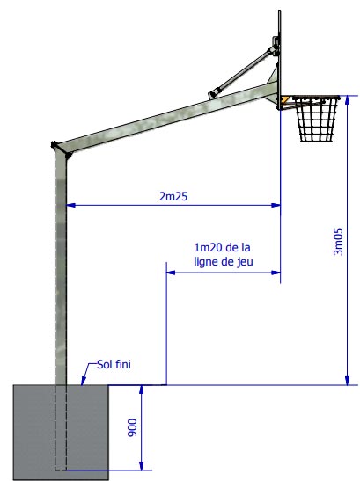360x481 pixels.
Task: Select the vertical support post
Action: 61,264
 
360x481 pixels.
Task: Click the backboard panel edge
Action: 280,53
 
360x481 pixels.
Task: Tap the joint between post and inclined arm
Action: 61,149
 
